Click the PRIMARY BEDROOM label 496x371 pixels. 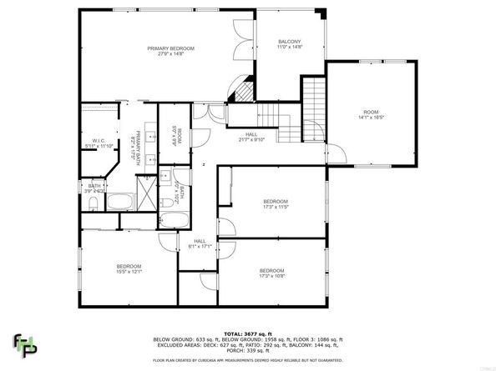point(170,52)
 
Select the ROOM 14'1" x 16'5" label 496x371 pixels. point(370,115)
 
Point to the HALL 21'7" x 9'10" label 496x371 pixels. point(251,138)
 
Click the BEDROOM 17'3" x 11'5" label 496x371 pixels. point(276,204)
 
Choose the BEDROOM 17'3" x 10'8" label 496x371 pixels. point(271,273)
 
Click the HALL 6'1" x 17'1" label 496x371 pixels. point(199,243)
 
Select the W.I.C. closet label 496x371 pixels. point(98,143)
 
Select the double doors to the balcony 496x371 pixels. point(243,40)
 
